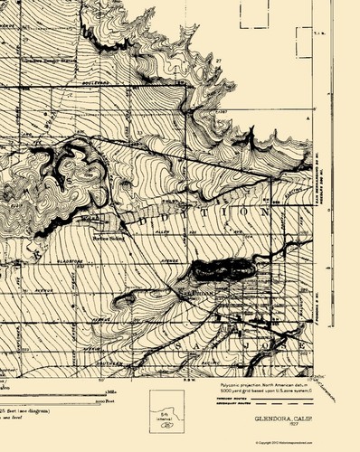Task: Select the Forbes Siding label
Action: (x=107, y=239)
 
